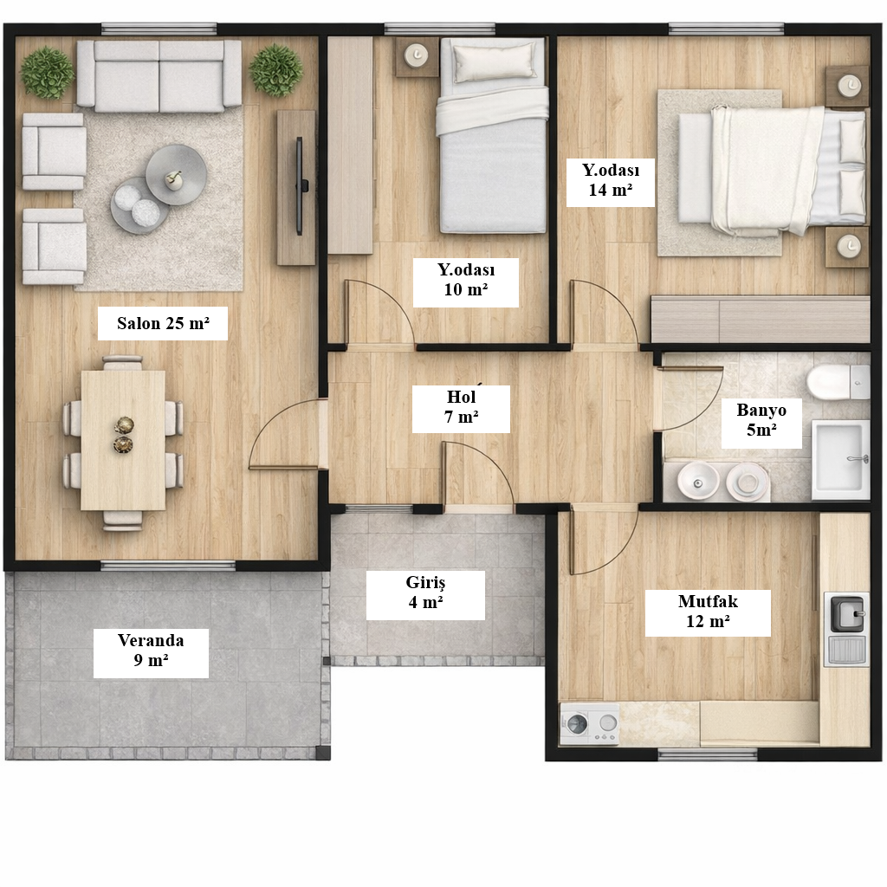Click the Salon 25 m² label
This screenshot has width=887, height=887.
[163, 323]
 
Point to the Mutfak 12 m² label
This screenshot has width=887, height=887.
[708, 612]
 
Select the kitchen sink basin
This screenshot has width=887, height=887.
[847, 613]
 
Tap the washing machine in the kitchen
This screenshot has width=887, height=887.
[589, 723]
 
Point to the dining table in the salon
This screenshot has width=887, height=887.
[123, 441]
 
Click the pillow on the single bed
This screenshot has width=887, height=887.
[495, 62]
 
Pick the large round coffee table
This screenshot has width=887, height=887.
[176, 174]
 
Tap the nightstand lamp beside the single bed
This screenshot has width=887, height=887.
[418, 55]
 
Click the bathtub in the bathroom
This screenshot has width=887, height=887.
[840, 460]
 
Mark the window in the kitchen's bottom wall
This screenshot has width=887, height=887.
[707, 754]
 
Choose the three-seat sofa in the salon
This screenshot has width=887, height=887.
[159, 76]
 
